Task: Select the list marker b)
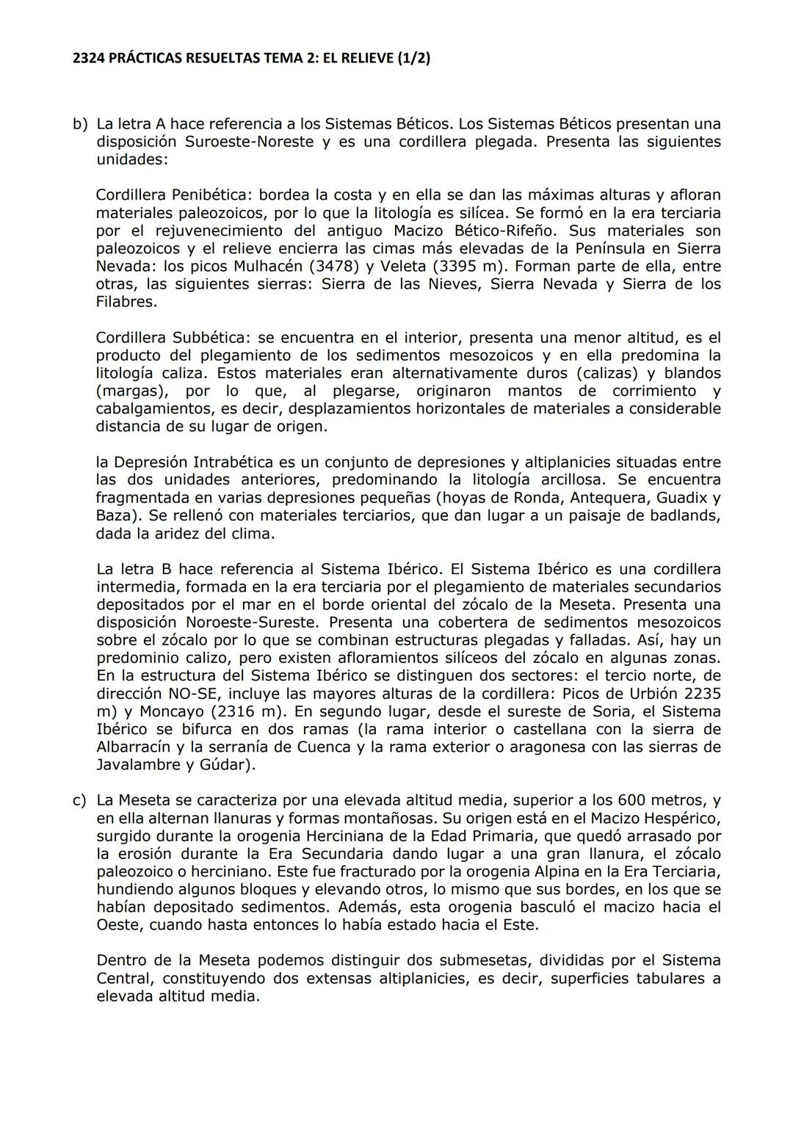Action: [x=80, y=124]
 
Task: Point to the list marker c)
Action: [x=80, y=800]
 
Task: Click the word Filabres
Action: [x=126, y=302]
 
